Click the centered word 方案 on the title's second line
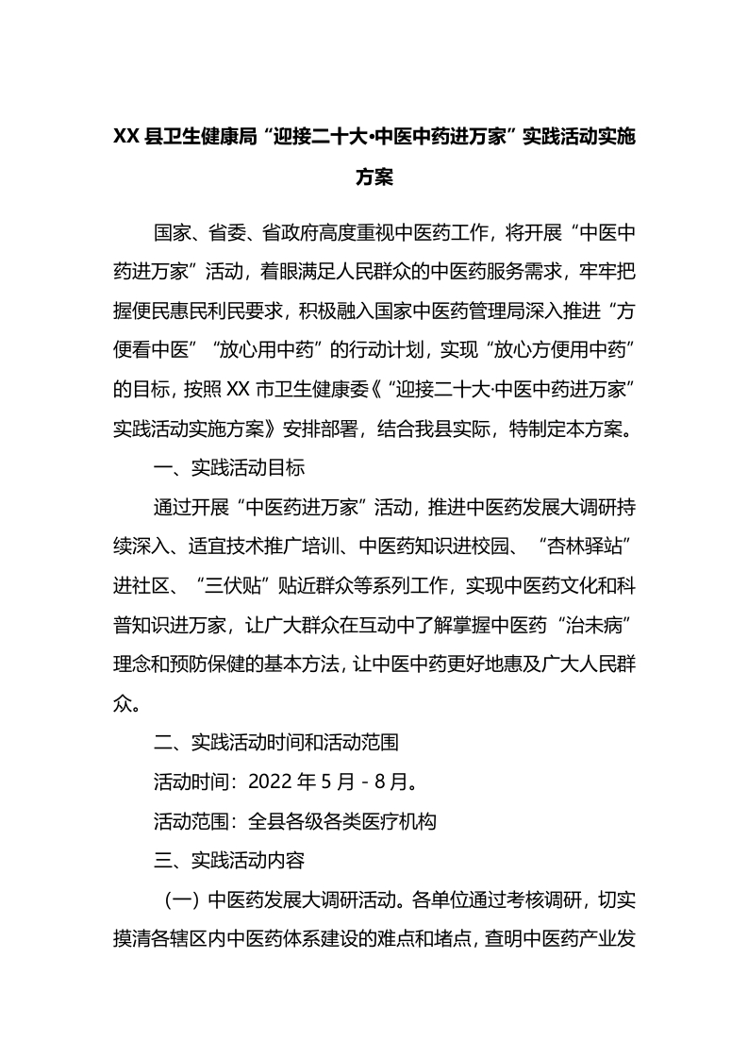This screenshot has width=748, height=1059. coord(374,176)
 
